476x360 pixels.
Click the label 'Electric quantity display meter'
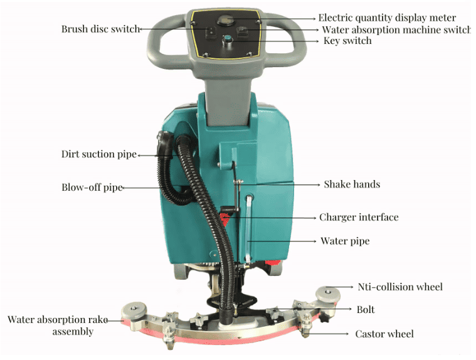387,18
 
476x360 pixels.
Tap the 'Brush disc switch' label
100,29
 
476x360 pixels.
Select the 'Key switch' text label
347,41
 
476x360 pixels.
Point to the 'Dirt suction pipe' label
98,154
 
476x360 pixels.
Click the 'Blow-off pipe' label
92,187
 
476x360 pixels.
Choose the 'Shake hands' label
352,184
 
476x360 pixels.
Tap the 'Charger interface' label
359,217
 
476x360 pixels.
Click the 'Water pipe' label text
345,241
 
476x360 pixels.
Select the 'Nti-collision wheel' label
400,287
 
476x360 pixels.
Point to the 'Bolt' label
366,310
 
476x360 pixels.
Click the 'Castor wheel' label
384,334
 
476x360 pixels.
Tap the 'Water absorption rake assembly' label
56,325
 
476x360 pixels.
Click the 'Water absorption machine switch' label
396,29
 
